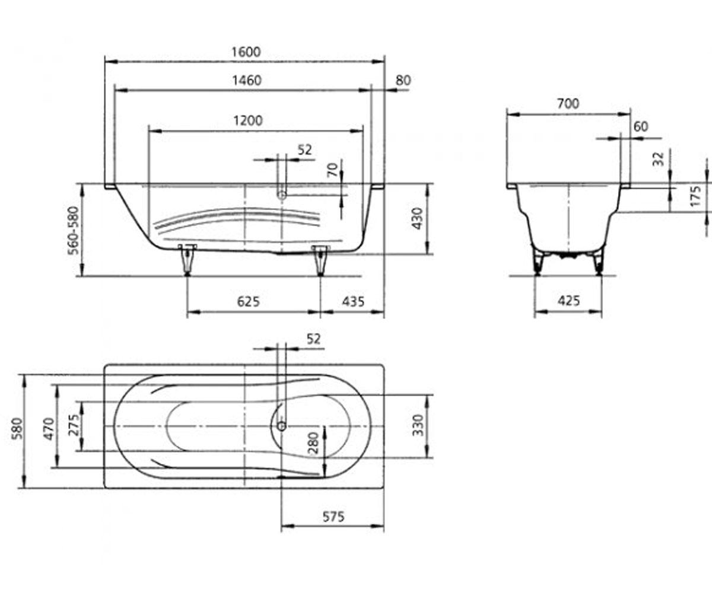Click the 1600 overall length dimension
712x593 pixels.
[246, 52]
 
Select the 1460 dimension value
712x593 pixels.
[247, 81]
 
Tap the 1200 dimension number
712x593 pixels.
[248, 120]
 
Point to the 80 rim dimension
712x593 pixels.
[403, 81]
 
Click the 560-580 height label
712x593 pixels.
[74, 231]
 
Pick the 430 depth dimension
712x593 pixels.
[417, 218]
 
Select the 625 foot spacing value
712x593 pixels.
[248, 301]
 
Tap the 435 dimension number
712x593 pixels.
[353, 301]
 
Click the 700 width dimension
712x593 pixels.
[568, 103]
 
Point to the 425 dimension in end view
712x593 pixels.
[569, 301]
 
